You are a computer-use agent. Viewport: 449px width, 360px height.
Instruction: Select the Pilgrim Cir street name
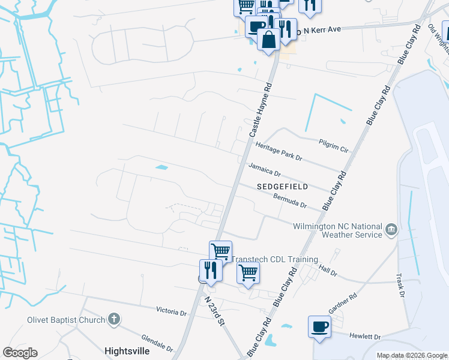point(333,145)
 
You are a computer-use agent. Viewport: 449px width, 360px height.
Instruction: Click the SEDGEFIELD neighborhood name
point(282,187)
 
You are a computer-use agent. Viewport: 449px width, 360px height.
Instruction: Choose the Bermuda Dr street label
point(290,200)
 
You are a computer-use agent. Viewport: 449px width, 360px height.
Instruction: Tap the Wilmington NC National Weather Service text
point(337,230)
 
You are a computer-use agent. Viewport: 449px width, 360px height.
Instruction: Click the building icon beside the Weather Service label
point(391,229)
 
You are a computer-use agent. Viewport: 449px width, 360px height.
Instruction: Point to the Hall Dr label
point(328,271)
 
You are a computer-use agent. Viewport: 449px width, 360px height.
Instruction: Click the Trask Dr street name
point(400,286)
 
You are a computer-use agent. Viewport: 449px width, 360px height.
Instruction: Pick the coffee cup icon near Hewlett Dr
point(319,327)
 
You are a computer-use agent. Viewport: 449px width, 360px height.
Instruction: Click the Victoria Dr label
point(171,312)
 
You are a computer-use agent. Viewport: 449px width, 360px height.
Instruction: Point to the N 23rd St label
point(214,310)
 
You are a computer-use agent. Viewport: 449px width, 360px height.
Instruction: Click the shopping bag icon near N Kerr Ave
point(268,40)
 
